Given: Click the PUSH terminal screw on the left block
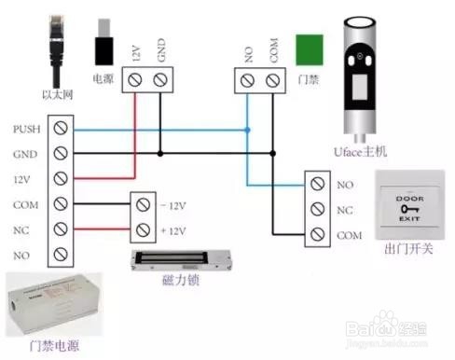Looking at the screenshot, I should tap(62, 127).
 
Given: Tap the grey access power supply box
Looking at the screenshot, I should tap(51, 302).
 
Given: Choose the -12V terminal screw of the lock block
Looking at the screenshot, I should tap(144, 203).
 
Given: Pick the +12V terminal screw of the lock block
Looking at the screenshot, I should tap(144, 228).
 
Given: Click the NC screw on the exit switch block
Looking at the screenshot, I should tap(317, 210).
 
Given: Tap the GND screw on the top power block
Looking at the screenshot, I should tap(160, 83).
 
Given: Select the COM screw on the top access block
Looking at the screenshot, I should tap(273, 83).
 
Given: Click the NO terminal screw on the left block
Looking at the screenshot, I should tap(62, 253).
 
